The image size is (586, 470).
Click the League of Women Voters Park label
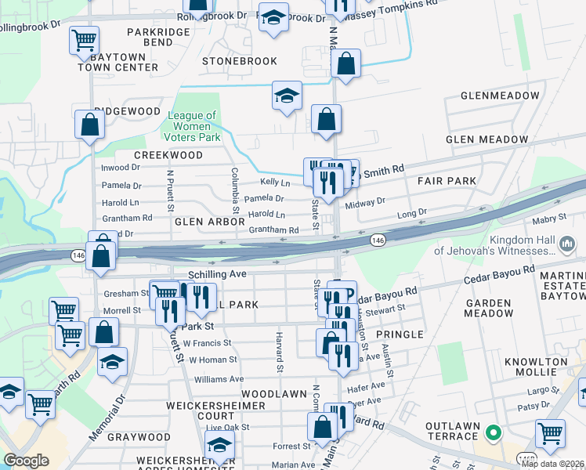tap(192, 126)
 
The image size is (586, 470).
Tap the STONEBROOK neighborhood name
tap(239, 60)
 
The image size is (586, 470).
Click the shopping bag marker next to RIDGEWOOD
tap(90, 124)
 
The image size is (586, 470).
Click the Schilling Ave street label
tap(217, 274)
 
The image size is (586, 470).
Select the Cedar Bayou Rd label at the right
tap(498, 280)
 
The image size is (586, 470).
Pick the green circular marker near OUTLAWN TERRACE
tap(493, 432)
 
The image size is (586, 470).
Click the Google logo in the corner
tap(26, 461)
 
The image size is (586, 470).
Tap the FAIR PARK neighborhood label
tap(447, 181)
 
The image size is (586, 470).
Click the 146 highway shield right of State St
tap(378, 240)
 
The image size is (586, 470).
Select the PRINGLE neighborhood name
tap(400, 334)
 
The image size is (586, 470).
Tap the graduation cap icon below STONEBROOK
tap(287, 96)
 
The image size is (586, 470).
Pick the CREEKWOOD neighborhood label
tap(168, 155)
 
